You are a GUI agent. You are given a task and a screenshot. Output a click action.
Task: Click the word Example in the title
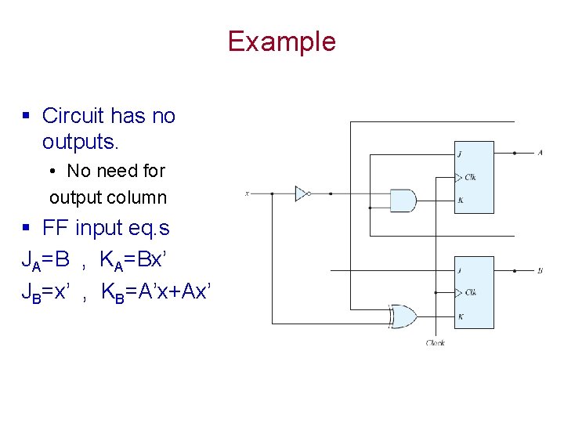tap(281, 41)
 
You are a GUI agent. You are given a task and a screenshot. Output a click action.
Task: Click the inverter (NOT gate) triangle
tap(301, 193)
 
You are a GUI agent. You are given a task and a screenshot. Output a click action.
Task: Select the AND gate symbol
tap(402, 201)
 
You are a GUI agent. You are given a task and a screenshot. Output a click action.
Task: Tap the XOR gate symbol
tap(405, 317)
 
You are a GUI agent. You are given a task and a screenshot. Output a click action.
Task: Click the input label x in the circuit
tap(247, 193)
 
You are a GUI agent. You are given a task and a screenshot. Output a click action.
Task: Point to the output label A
tap(540, 153)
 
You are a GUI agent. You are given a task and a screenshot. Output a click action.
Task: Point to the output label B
tap(540, 271)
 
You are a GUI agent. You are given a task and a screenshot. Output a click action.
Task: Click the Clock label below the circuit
tap(436, 343)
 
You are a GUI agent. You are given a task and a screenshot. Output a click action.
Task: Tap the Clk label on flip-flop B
tap(470, 293)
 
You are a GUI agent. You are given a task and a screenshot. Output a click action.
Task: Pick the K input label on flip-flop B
tap(460, 316)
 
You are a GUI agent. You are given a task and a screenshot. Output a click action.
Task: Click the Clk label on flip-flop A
tap(470, 177)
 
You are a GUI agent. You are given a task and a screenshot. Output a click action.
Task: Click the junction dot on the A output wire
tap(514, 154)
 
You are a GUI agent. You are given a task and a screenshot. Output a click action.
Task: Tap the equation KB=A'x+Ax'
tap(156, 292)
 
